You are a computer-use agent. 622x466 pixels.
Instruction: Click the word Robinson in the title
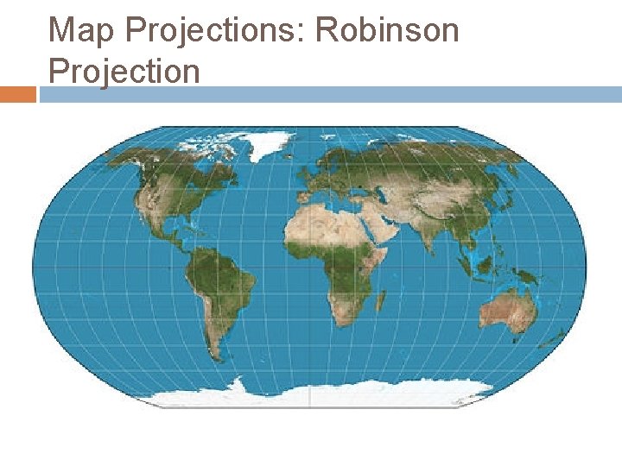coord(386,30)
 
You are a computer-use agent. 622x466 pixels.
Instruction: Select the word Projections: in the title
coord(215,32)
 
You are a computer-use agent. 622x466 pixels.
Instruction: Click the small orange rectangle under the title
coord(18,94)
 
